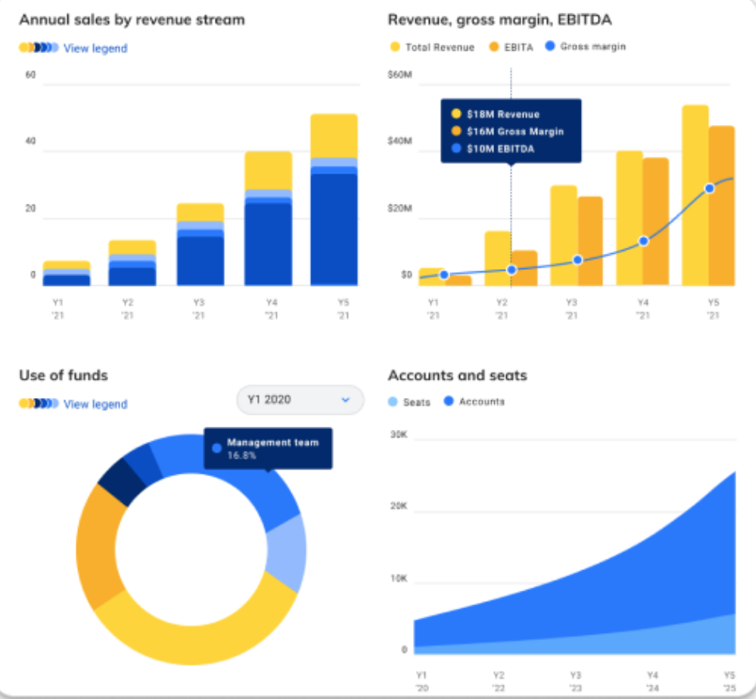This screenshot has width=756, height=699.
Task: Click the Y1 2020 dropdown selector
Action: (300, 400)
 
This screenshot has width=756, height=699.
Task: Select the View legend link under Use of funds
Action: (95, 404)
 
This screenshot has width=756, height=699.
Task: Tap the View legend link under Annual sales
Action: (95, 49)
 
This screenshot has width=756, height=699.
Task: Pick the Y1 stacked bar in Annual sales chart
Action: (67, 273)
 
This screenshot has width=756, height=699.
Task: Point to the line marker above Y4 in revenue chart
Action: (644, 240)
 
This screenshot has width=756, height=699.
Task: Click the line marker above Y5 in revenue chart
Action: (709, 189)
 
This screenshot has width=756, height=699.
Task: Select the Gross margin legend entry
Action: (592, 47)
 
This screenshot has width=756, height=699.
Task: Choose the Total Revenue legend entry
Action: (438, 48)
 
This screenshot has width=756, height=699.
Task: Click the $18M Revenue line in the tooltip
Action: (502, 114)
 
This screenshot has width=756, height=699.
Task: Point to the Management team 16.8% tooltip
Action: (268, 448)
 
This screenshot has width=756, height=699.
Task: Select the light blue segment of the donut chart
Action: (287, 553)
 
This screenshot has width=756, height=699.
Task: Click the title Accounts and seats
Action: (457, 375)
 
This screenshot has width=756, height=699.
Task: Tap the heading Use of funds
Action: (64, 375)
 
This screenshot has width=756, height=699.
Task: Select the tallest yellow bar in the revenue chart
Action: (696, 194)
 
